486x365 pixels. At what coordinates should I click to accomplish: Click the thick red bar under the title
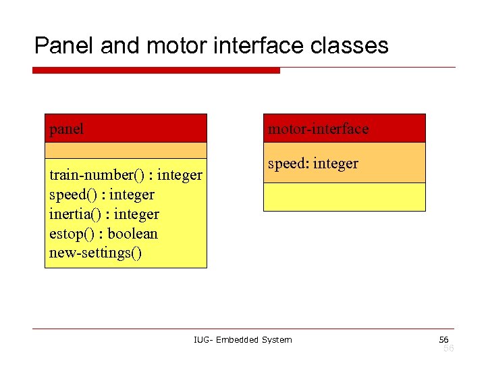156,70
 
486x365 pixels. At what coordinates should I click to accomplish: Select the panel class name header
126,128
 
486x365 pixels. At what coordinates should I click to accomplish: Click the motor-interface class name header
344,128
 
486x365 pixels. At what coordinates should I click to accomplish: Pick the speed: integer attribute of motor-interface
313,164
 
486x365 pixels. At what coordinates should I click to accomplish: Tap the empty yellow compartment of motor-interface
344,197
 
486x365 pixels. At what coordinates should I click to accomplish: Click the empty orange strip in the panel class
126,150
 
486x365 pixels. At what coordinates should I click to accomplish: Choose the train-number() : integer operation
126,175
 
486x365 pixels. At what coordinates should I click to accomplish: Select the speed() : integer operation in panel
102,195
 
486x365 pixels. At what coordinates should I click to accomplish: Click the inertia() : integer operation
104,214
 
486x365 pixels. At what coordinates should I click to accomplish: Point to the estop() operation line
103,234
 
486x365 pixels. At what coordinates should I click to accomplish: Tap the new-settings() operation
95,253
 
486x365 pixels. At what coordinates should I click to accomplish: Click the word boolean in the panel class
132,234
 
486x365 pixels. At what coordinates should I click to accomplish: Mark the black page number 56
443,339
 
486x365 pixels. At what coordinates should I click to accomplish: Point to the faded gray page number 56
448,348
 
